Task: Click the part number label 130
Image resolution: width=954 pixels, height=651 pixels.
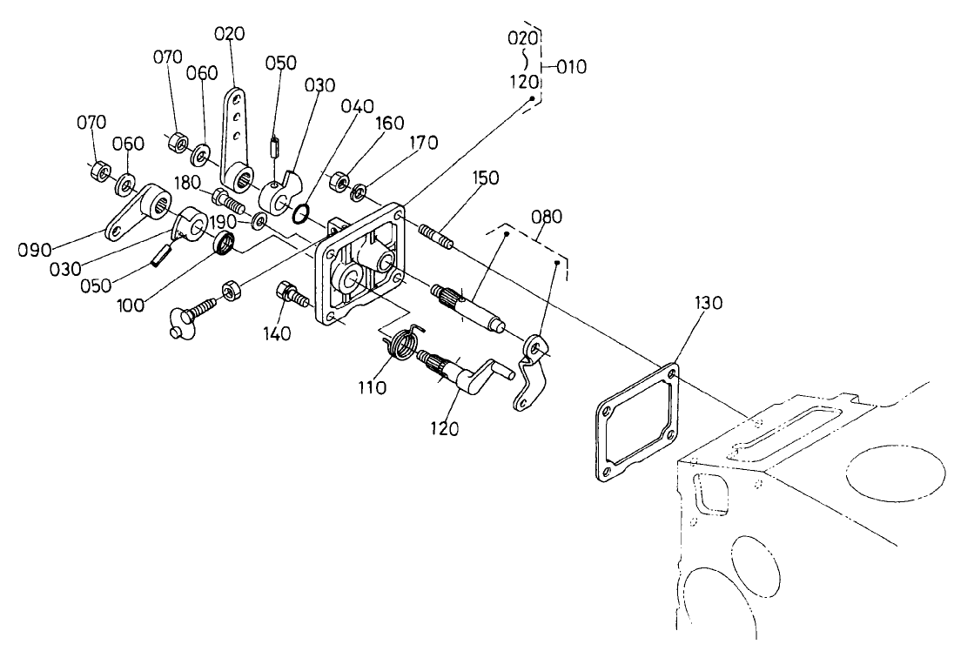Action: pos(708,303)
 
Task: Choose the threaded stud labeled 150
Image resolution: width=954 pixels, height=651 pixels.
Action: pos(438,235)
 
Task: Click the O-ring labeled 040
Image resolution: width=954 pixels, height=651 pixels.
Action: pos(299,214)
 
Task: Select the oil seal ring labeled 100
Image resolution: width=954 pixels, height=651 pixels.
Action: pos(225,244)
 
